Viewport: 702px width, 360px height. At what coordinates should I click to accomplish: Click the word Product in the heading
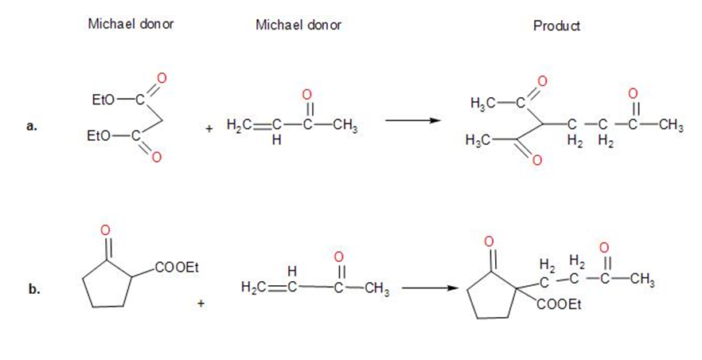556,25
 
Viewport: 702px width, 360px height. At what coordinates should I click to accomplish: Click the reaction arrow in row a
413,122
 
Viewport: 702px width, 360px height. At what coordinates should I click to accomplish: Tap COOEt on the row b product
560,304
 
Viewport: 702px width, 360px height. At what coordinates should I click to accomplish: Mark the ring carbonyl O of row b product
489,240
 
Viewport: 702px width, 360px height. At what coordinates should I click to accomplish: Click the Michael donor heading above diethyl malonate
131,24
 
